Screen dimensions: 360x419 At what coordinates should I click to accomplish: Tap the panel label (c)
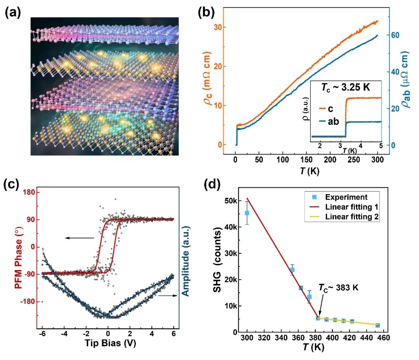tap(12, 185)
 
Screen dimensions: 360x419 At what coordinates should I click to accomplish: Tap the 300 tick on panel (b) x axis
tap(377, 161)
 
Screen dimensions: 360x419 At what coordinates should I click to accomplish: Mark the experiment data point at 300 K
tap(247, 213)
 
